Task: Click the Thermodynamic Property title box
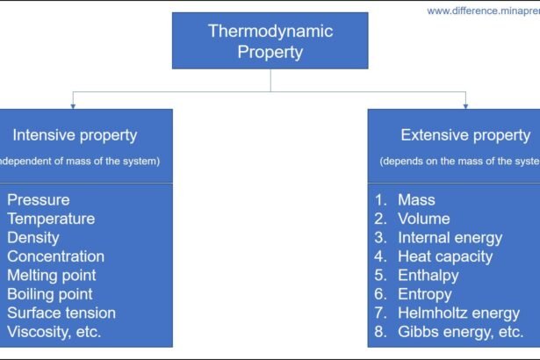(x=270, y=41)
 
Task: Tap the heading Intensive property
(x=75, y=135)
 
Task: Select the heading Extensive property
(x=465, y=135)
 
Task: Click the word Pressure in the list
(x=38, y=200)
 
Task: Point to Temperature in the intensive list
(x=51, y=219)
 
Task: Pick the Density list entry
(x=33, y=238)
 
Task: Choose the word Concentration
(x=55, y=256)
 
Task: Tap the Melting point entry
(x=52, y=276)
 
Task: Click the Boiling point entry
(x=50, y=294)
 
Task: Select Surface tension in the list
(x=61, y=313)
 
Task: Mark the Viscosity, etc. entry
(x=54, y=332)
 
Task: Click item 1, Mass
(x=417, y=200)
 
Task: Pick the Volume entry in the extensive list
(x=423, y=219)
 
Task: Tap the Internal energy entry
(x=450, y=238)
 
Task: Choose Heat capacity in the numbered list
(x=445, y=256)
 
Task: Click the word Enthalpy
(x=428, y=276)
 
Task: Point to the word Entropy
(x=425, y=294)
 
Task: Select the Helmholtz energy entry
(x=457, y=313)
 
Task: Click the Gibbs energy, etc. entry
(x=460, y=332)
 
